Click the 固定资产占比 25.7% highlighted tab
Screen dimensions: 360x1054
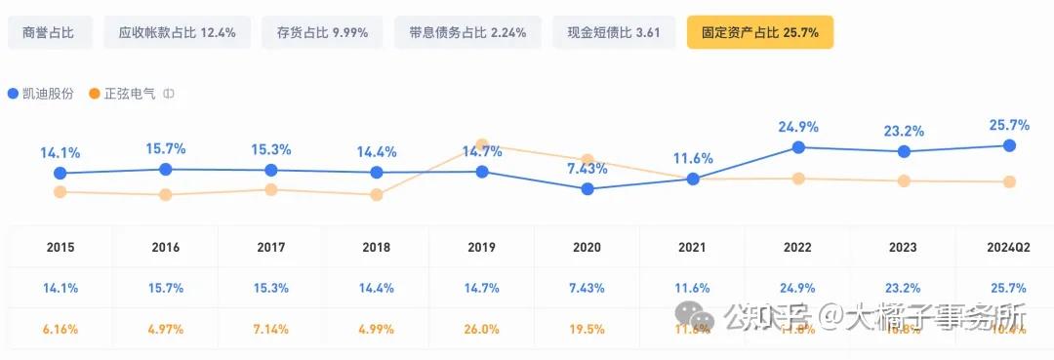click(x=760, y=32)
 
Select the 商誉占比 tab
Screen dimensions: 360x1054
click(x=50, y=32)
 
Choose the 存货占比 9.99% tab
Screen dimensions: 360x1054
click(x=323, y=32)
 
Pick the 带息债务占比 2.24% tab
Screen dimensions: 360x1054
click(x=467, y=32)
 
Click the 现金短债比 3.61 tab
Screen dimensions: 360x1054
click(x=614, y=32)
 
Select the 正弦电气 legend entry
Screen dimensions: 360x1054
click(x=123, y=94)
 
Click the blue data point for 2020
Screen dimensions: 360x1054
click(x=588, y=189)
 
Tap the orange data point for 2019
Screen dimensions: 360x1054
click(x=482, y=144)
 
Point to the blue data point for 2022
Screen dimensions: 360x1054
click(x=798, y=147)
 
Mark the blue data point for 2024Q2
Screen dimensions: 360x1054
click(x=1009, y=145)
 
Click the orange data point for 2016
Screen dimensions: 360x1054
click(x=166, y=195)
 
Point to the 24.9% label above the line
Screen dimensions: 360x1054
click(x=798, y=127)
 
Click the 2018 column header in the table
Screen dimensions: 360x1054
click(x=377, y=248)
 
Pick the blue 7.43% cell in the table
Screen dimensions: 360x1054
click(x=588, y=288)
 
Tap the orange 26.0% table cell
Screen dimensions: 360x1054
click(x=482, y=329)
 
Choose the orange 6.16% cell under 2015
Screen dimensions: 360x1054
click(x=61, y=329)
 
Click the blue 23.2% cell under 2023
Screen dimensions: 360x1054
click(x=904, y=288)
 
